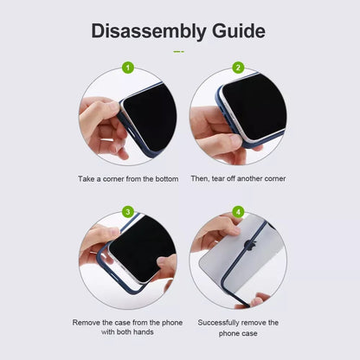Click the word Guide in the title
239,31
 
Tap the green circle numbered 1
128,68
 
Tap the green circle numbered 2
238,67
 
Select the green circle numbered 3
128,212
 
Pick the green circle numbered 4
238,212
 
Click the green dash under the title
178,52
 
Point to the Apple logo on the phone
250,245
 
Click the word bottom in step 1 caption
167,179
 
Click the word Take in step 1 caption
87,179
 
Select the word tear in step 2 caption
218,178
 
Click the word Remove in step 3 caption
86,323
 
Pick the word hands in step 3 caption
143,332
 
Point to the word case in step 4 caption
249,333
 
